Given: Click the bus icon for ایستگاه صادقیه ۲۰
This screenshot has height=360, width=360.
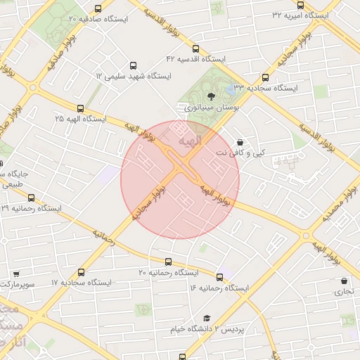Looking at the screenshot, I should [97, 9].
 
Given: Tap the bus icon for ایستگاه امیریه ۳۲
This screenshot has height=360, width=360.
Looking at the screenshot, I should [301, 5].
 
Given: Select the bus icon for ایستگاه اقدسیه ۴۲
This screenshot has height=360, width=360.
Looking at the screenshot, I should [195, 49].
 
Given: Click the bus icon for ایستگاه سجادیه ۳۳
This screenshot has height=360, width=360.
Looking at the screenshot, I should [265, 77].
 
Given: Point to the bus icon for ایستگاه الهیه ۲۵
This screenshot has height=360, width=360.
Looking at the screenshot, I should [81, 109].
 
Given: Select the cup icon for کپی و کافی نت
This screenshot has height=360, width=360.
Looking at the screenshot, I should [240, 142].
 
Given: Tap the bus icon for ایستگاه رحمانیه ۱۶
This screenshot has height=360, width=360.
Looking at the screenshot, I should [220, 277].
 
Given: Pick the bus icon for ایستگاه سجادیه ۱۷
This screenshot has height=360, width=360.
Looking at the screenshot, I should [81, 272].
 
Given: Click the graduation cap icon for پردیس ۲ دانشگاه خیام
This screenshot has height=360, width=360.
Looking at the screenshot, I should [207, 318].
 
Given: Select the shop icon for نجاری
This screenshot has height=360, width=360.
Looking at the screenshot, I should [344, 281].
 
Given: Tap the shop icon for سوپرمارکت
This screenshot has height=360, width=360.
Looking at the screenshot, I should [15, 274].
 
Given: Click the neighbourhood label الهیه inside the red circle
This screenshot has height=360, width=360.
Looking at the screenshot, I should [190, 141].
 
